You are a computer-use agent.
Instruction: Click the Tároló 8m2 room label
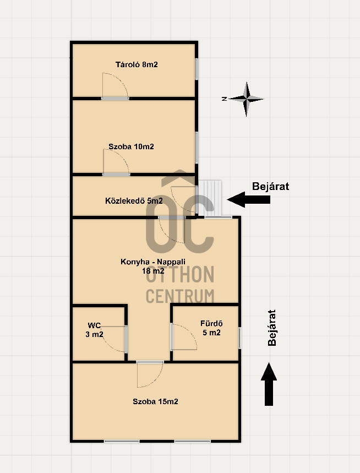click(x=137, y=64)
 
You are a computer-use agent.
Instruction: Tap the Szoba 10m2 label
click(x=131, y=146)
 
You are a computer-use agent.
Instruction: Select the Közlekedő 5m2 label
click(x=134, y=200)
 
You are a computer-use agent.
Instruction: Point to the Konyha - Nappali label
click(x=153, y=262)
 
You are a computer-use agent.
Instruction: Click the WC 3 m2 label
click(x=94, y=330)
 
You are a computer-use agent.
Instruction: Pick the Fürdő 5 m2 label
click(x=211, y=328)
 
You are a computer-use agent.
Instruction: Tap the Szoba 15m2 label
click(x=155, y=401)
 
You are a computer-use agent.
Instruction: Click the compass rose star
click(x=247, y=99)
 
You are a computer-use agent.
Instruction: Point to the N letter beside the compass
click(x=224, y=99)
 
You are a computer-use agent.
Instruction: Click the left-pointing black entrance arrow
click(x=248, y=199)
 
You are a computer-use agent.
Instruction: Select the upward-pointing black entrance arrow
click(x=269, y=384)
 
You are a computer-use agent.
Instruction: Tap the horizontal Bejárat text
click(x=270, y=186)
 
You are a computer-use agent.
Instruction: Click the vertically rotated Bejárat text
click(x=272, y=328)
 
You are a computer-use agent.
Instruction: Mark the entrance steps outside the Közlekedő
click(x=210, y=198)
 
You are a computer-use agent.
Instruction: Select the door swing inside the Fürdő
click(x=184, y=336)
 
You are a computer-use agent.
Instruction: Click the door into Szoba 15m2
click(x=150, y=374)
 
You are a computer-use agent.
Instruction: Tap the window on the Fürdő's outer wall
click(x=239, y=338)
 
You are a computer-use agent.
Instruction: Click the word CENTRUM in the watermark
click(x=180, y=296)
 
